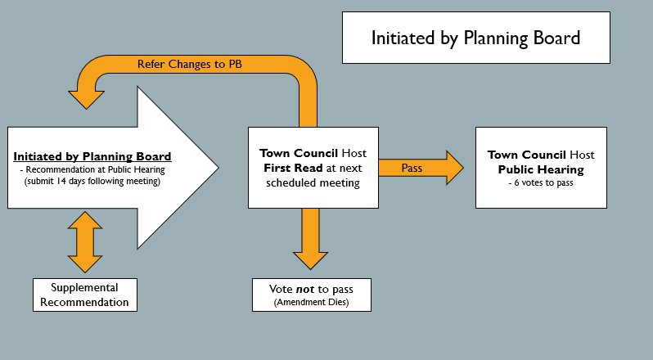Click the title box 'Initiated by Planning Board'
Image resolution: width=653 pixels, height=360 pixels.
pyautogui.click(x=475, y=38)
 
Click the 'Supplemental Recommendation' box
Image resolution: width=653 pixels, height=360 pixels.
pyautogui.click(x=84, y=295)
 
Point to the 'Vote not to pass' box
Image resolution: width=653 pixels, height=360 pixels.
pyautogui.click(x=311, y=295)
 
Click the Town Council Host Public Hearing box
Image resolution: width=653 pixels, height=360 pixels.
pyautogui.click(x=541, y=167)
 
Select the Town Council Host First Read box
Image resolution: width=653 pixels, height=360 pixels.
pyautogui.click(x=313, y=167)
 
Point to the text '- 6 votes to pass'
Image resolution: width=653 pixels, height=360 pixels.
pyautogui.click(x=541, y=182)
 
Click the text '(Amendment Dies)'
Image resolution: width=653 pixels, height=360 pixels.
pyautogui.click(x=311, y=303)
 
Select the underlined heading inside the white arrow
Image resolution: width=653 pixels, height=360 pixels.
pyautogui.click(x=92, y=156)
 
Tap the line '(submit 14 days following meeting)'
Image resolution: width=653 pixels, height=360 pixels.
pyautogui.click(x=92, y=181)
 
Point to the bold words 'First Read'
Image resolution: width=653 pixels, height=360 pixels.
pyautogui.click(x=291, y=168)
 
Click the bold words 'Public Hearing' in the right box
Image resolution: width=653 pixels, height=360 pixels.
pyautogui.click(x=541, y=169)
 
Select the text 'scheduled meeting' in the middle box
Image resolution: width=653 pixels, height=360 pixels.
pyautogui.click(x=313, y=182)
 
